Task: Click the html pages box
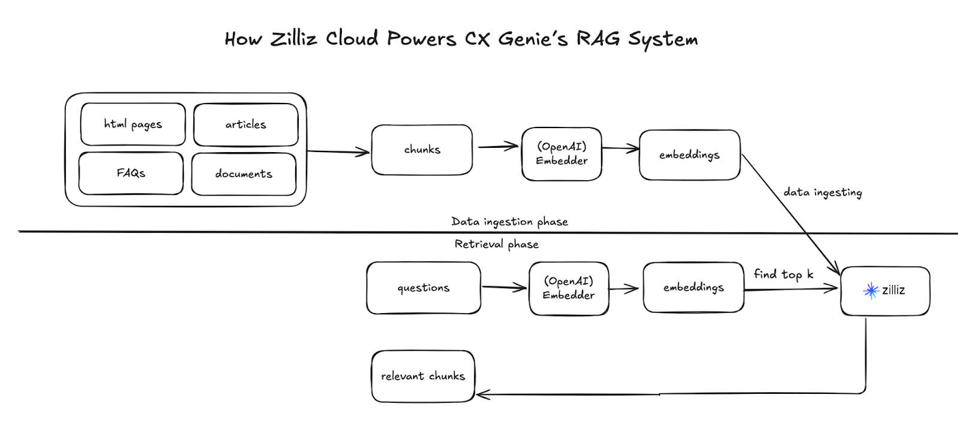click(133, 125)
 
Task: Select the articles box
click(245, 125)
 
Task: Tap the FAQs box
click(131, 173)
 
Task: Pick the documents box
click(244, 174)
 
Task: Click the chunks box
click(422, 150)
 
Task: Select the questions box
click(423, 288)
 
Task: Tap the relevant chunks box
click(423, 376)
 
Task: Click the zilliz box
click(885, 291)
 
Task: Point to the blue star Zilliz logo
click(871, 290)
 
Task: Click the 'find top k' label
click(783, 274)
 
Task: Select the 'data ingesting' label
click(823, 192)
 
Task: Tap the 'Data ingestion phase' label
click(510, 221)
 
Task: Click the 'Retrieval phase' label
click(496, 244)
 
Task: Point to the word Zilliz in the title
click(293, 38)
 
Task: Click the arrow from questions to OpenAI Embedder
click(504, 288)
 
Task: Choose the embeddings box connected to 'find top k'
click(693, 287)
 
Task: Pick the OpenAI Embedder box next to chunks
click(562, 154)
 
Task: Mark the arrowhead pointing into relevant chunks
click(482, 394)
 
